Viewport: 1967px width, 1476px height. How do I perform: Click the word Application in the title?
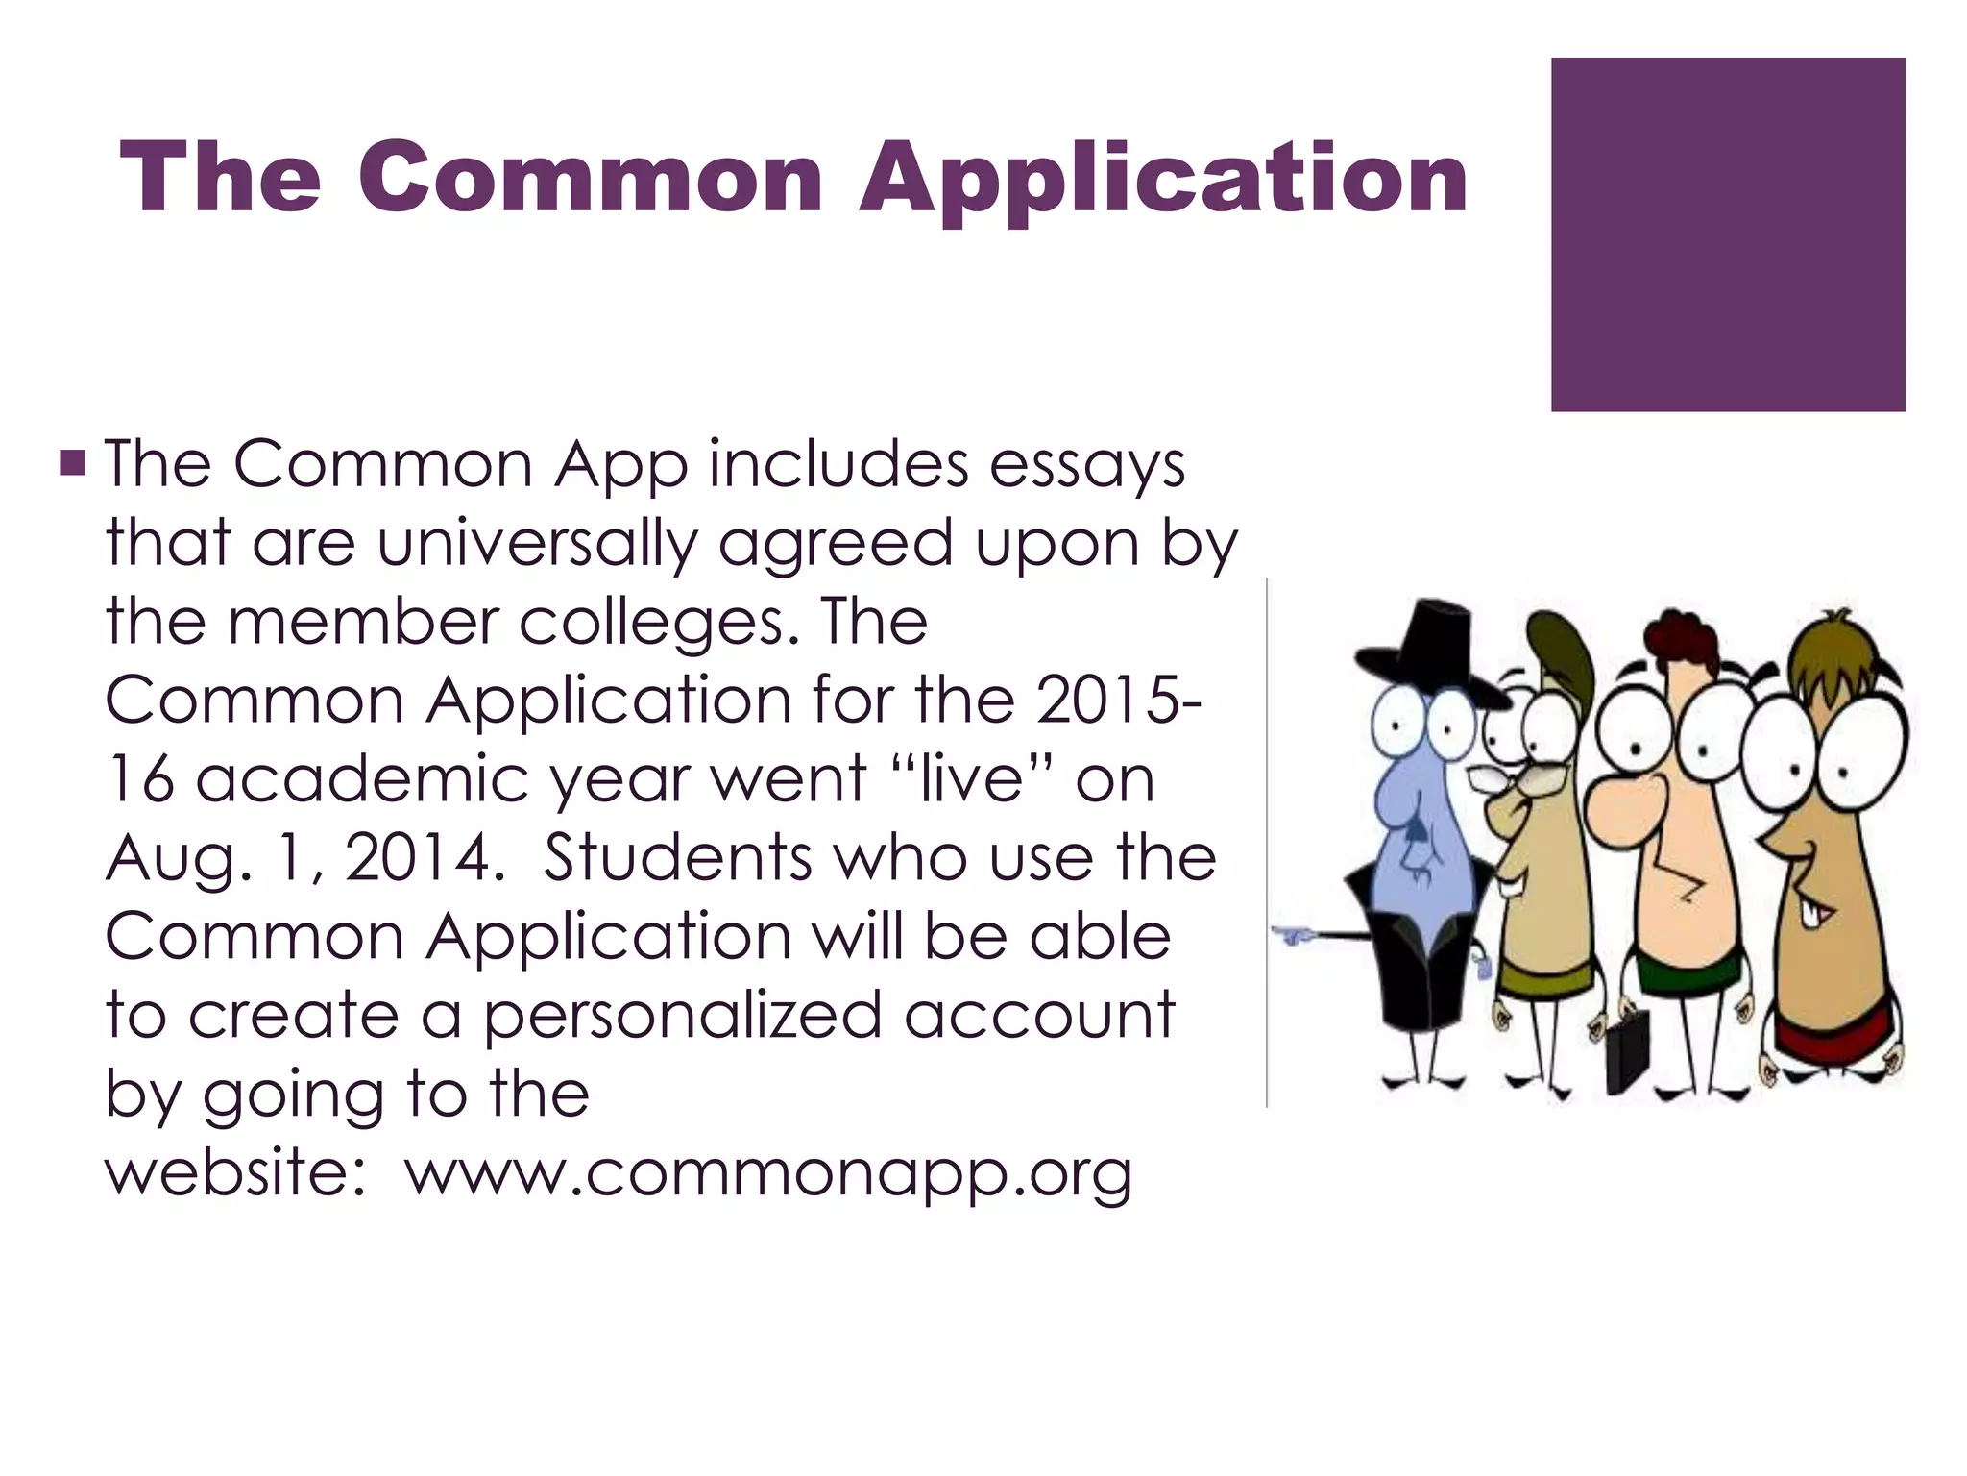(x=1163, y=179)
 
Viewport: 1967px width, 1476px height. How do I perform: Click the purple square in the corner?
(x=1727, y=234)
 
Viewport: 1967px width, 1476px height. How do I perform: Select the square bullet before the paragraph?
(x=73, y=464)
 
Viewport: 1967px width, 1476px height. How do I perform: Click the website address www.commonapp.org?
(x=768, y=1173)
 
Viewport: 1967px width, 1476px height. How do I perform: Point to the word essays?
(x=1087, y=466)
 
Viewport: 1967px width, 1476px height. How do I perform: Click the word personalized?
(x=682, y=1016)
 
